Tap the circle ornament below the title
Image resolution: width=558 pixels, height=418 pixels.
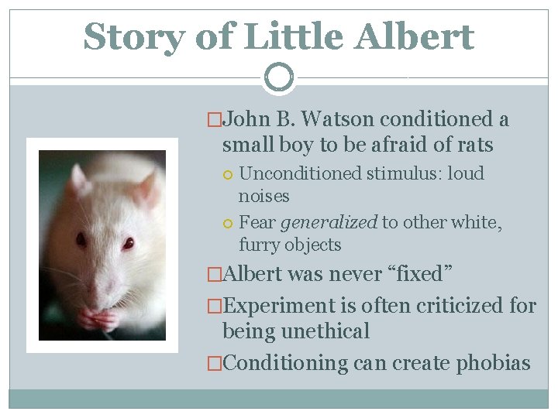coord(278,77)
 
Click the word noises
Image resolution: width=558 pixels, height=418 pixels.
coord(263,196)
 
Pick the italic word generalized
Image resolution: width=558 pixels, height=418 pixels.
coord(329,223)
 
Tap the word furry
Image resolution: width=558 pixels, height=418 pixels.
coord(261,245)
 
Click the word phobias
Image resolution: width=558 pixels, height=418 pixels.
coord(494,363)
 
